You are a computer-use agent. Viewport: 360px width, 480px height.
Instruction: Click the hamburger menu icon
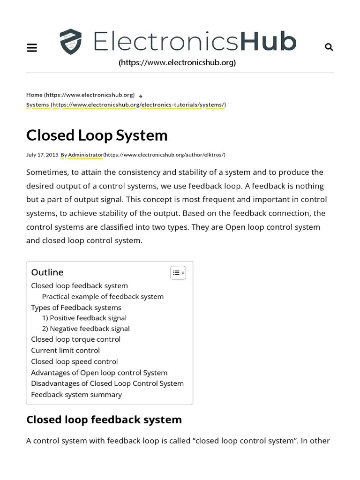pos(32,47)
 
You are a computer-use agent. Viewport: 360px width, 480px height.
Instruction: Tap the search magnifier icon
pos(329,47)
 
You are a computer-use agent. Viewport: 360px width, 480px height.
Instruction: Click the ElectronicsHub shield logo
pos(71,42)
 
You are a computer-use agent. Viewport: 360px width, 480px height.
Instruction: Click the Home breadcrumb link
pos(34,95)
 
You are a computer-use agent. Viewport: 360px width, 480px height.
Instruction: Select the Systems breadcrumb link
pos(37,105)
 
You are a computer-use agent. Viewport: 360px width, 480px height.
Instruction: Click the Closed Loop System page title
pos(97,135)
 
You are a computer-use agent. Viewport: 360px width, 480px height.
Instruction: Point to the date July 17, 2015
pos(42,155)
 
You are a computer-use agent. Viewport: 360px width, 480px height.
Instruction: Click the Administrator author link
pos(85,155)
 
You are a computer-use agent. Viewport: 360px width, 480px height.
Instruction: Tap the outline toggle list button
pos(178,273)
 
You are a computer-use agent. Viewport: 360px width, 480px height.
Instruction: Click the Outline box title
pos(47,272)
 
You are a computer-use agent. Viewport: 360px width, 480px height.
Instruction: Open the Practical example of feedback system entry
pos(103,297)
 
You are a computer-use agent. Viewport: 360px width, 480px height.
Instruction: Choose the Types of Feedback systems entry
pos(76,307)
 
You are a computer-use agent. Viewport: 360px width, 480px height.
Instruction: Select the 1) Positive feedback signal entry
pos(84,318)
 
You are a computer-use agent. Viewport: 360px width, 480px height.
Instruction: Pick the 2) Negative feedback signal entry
pos(86,329)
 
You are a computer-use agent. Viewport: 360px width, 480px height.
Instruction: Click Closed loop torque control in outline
pos(75,339)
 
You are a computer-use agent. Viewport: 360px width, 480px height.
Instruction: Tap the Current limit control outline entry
pos(65,351)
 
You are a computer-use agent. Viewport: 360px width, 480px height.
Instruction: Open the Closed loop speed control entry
pos(74,361)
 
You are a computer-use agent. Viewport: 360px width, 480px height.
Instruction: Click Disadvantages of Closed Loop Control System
pos(107,383)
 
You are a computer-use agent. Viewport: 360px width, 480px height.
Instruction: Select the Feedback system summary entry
pos(76,395)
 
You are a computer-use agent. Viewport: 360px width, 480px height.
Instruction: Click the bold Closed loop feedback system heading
pos(104,420)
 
